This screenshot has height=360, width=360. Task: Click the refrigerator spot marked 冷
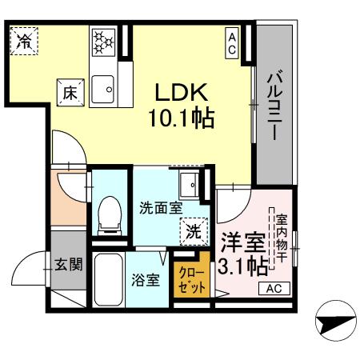click(24, 41)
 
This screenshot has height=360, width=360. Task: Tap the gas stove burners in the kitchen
click(103, 42)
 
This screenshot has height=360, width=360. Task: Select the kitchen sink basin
click(102, 90)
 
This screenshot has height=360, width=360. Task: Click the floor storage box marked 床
click(70, 93)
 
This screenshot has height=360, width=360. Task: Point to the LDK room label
click(182, 92)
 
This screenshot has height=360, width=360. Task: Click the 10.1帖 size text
click(182, 118)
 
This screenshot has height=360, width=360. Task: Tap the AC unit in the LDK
click(232, 43)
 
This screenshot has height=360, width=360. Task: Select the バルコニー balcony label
click(274, 105)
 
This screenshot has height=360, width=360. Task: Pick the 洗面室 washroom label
click(161, 208)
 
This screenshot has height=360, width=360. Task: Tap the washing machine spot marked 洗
click(194, 231)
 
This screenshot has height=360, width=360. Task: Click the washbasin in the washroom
click(190, 185)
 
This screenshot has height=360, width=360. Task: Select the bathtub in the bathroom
click(109, 279)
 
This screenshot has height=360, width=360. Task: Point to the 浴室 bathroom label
click(146, 280)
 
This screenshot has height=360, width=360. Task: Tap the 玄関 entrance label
click(68, 265)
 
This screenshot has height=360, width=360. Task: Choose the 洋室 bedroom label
click(243, 243)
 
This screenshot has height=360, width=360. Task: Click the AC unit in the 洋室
click(274, 288)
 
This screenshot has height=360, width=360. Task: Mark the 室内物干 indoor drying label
click(282, 238)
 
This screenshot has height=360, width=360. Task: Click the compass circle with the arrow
click(336, 321)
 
